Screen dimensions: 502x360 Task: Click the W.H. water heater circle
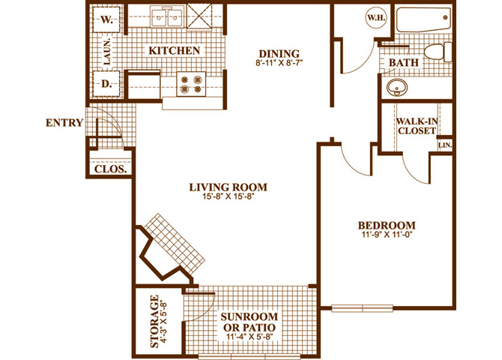(376, 18)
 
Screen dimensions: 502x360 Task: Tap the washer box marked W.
(106, 19)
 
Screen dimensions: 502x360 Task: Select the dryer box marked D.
(106, 84)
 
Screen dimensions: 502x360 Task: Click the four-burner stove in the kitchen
(191, 84)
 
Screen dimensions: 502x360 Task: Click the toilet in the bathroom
(438, 52)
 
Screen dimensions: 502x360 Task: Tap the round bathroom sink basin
(397, 87)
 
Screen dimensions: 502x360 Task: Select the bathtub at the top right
(423, 19)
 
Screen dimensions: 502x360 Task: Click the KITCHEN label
(174, 51)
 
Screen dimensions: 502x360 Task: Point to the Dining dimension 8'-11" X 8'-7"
(279, 62)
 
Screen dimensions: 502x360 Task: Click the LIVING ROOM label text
(228, 187)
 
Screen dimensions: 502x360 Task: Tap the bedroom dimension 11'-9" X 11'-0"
(387, 234)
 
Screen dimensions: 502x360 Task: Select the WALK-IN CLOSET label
(417, 126)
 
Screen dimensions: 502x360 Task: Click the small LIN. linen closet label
(445, 145)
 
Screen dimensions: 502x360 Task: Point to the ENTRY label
(64, 123)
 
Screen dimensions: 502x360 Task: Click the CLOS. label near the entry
(110, 169)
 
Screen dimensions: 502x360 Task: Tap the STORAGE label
(154, 321)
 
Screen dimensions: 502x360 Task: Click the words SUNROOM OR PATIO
(250, 322)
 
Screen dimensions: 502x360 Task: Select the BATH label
(404, 62)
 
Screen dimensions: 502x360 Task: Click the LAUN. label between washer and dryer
(106, 52)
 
